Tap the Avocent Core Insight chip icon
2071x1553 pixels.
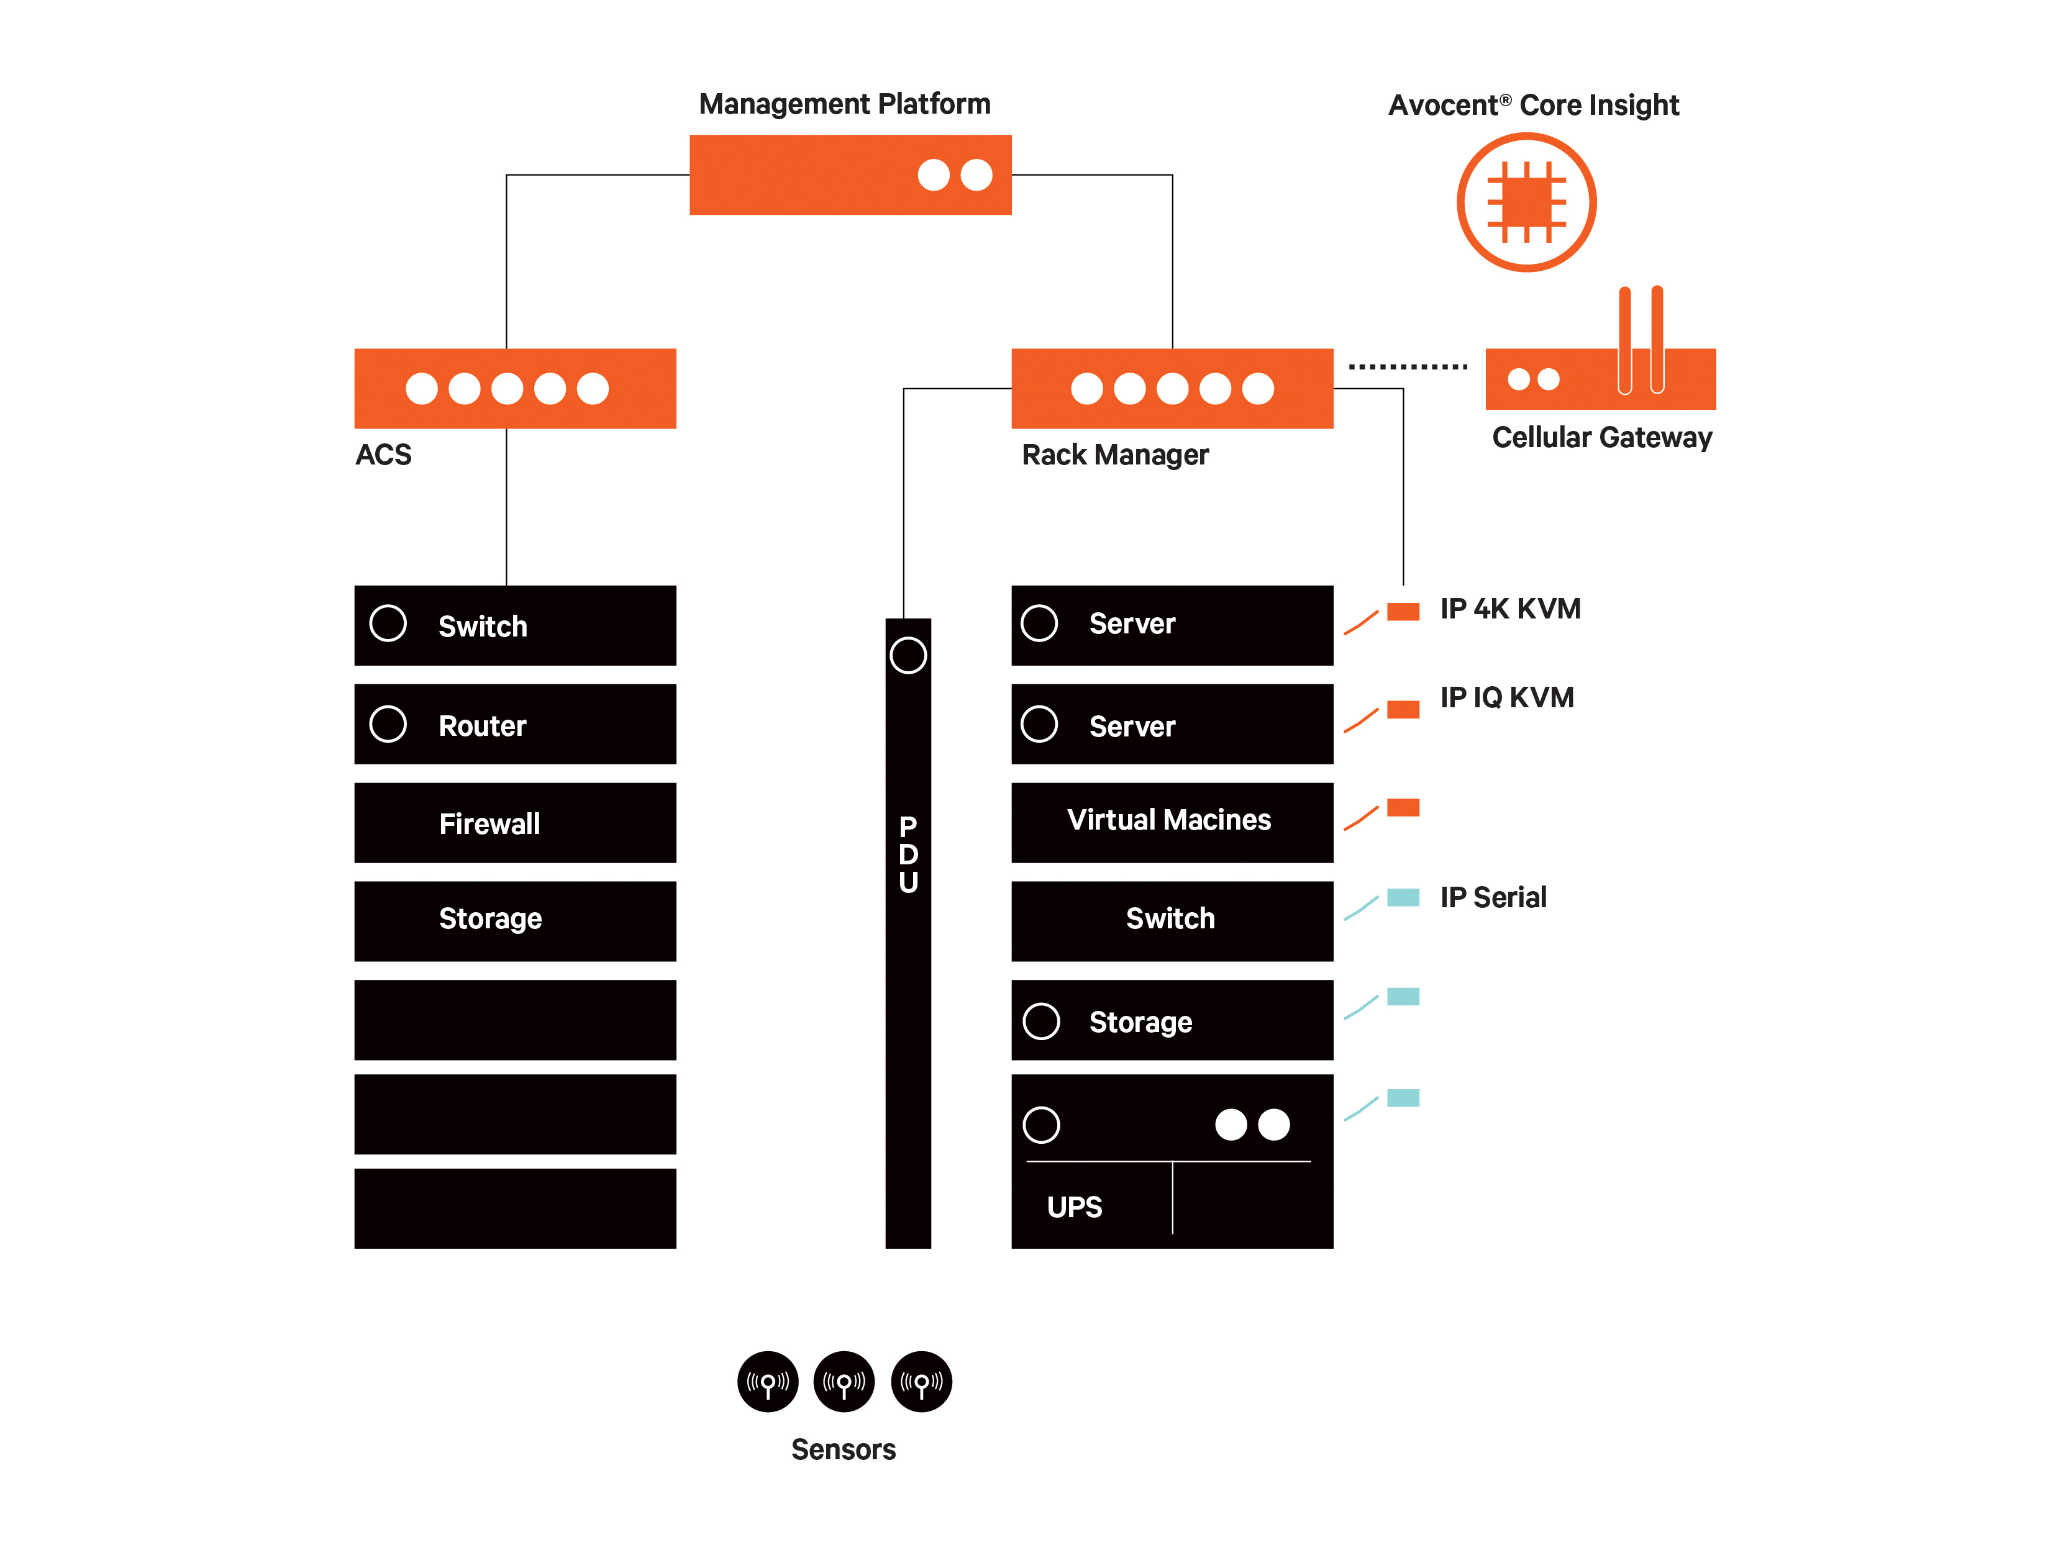(x=1526, y=202)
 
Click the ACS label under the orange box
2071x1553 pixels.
(x=383, y=455)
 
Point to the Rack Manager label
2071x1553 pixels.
(x=1114, y=455)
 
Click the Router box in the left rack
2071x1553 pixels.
(x=515, y=725)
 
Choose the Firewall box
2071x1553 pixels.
(x=515, y=823)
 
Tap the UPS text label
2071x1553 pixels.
(x=1074, y=1207)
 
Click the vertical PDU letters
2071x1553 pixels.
(x=908, y=854)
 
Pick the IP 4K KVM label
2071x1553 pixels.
(x=1509, y=609)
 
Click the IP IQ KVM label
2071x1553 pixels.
(x=1506, y=697)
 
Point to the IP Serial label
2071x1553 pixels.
(x=1493, y=898)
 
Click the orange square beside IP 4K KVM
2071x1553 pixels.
(x=1403, y=611)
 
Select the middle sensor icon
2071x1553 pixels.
(x=844, y=1381)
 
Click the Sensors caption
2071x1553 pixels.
(x=843, y=1449)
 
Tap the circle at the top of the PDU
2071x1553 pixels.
(x=908, y=655)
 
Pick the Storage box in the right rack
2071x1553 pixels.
(x=1172, y=1020)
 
